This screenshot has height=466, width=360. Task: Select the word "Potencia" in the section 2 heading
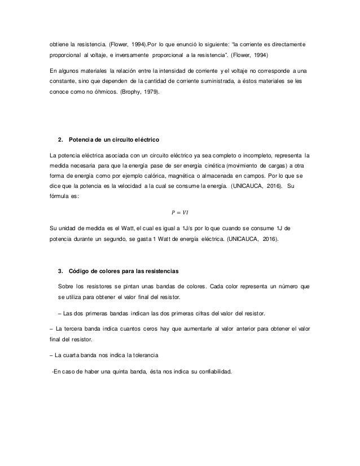click(x=81, y=139)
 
